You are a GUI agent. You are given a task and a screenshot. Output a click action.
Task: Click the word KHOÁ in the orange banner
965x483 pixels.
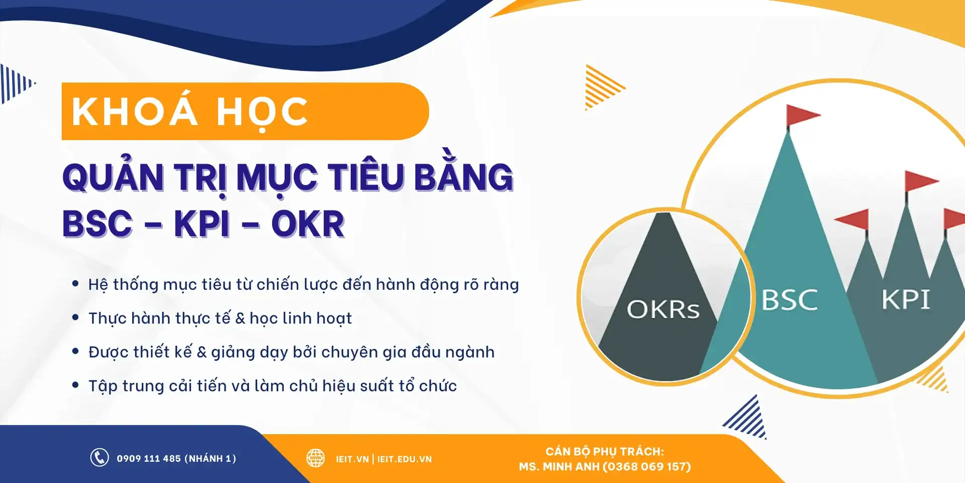coord(135,112)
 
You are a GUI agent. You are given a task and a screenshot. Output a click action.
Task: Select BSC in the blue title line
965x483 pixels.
coord(98,224)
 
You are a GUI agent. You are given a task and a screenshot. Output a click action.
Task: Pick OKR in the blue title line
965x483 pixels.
coord(308,224)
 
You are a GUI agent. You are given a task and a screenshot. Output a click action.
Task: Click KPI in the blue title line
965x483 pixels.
coord(202,224)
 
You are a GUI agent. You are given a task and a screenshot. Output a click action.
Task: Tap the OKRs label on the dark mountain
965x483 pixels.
coord(663,309)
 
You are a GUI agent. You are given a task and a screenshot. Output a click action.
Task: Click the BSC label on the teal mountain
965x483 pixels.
coord(790,300)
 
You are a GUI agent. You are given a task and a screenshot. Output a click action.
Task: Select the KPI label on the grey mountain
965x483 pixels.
coord(906,300)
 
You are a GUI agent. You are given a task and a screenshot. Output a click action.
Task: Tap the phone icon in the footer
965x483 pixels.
coord(100,458)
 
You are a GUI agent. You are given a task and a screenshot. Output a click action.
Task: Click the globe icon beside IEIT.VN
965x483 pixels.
coord(316,458)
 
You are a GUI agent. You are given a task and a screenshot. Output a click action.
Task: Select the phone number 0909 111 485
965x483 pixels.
coord(149,458)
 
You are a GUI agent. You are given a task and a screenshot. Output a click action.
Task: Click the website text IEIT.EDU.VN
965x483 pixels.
coord(405,459)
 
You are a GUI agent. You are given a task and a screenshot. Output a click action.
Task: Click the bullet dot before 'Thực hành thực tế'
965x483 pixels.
coord(75,317)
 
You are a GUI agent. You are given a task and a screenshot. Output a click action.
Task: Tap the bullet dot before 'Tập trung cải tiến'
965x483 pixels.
coord(75,385)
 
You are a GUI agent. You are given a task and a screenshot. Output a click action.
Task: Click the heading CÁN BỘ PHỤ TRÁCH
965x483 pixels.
coord(605,451)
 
